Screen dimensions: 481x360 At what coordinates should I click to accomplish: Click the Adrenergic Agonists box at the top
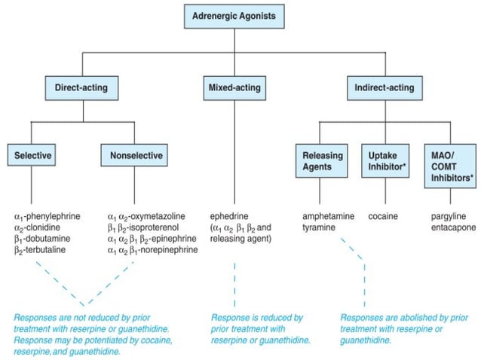(x=234, y=17)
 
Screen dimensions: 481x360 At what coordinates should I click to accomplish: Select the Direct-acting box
(x=81, y=88)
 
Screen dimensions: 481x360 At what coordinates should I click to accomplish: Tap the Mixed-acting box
(x=234, y=88)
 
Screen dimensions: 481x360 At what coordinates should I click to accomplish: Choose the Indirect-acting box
(x=384, y=88)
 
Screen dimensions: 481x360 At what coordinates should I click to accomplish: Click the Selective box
(x=32, y=155)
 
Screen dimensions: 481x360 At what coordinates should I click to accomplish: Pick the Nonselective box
(x=134, y=155)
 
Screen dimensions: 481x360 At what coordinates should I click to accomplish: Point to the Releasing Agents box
(x=321, y=161)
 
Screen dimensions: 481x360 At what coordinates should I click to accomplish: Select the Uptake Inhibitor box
(x=385, y=161)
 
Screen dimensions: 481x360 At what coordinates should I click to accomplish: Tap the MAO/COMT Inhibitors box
(x=450, y=166)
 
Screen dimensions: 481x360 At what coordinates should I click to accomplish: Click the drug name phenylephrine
(x=53, y=216)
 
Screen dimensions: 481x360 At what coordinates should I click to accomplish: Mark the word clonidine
(x=43, y=227)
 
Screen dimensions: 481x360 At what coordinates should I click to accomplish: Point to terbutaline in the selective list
(x=45, y=250)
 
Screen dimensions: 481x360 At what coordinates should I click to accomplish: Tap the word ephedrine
(x=229, y=216)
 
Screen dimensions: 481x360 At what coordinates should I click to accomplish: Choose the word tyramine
(x=319, y=227)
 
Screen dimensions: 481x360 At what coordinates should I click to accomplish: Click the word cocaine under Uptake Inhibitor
(x=383, y=216)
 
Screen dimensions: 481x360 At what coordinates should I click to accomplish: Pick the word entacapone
(x=453, y=227)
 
